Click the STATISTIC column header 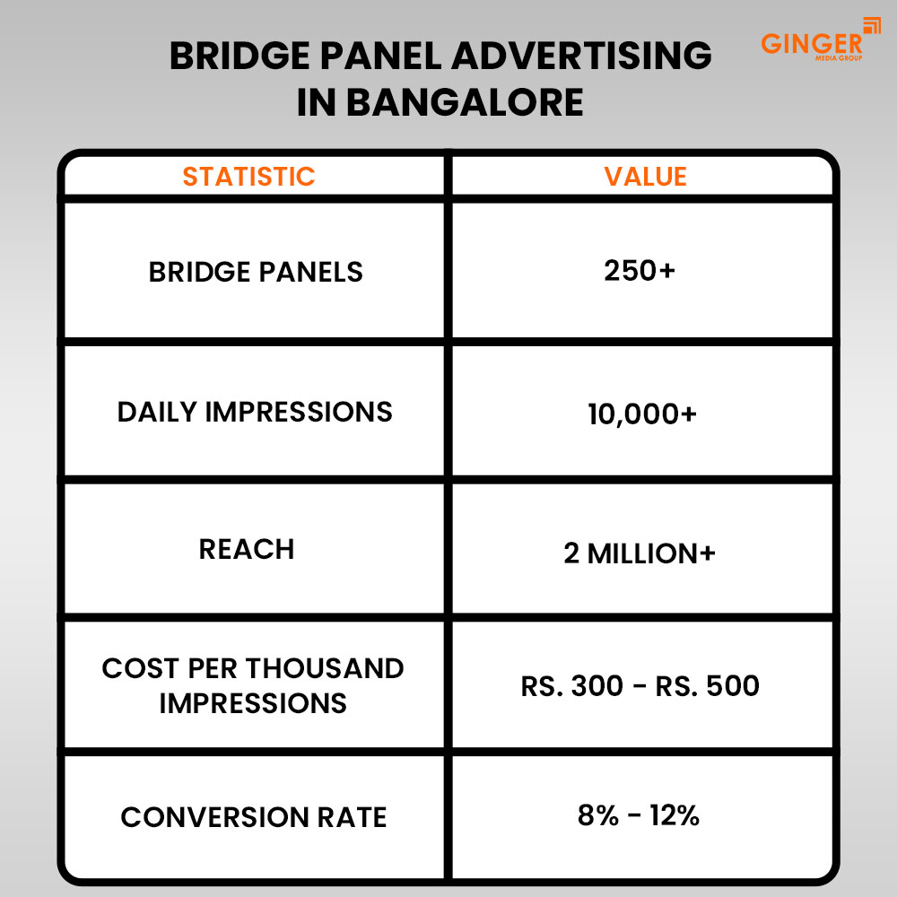coord(248,177)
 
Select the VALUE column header coord(645,177)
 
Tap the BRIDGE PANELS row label coord(256,272)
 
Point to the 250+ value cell coord(640,271)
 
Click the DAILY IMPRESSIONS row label coord(255,412)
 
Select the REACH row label coord(247,549)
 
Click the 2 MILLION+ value coord(640,553)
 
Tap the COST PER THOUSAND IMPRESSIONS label coord(253,685)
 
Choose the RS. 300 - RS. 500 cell coord(640,686)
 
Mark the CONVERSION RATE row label coord(254,817)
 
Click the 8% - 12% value coord(639,815)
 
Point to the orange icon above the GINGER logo coord(871,25)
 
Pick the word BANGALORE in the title coord(465,102)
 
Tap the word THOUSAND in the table coord(327,668)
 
